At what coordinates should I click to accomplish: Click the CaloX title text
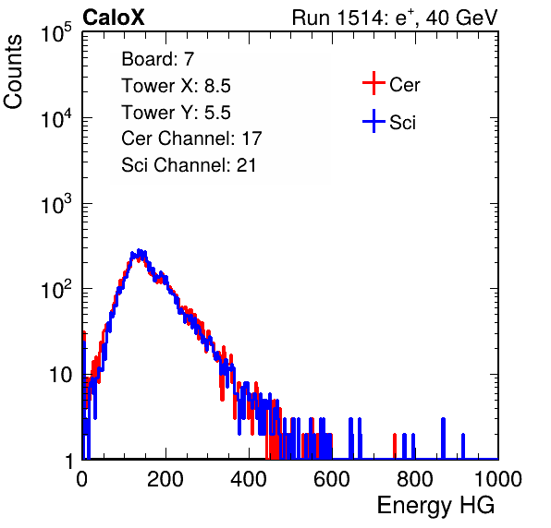[x=114, y=18]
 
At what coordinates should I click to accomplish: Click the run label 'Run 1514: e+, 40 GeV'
[x=395, y=18]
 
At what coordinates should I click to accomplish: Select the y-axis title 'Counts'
[x=13, y=72]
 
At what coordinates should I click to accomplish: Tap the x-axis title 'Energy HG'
[x=435, y=506]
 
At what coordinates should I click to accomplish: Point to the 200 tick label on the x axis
[x=165, y=479]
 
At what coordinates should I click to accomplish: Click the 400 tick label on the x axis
[x=249, y=479]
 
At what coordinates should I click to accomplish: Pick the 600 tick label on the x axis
[x=332, y=479]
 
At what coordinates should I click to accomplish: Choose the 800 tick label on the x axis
[x=415, y=479]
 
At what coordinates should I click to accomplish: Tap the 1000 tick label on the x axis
[x=498, y=479]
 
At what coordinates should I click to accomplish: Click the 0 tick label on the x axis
[x=81, y=479]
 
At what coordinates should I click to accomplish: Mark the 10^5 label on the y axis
[x=55, y=32]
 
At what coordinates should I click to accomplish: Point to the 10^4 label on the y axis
[x=55, y=118]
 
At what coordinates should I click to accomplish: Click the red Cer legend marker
[x=373, y=83]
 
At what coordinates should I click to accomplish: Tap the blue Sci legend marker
[x=373, y=122]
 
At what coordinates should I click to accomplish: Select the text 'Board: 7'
[x=158, y=59]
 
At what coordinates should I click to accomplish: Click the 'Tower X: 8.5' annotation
[x=176, y=86]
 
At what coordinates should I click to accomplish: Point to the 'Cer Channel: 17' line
[x=191, y=138]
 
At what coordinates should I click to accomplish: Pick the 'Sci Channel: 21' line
[x=189, y=165]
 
